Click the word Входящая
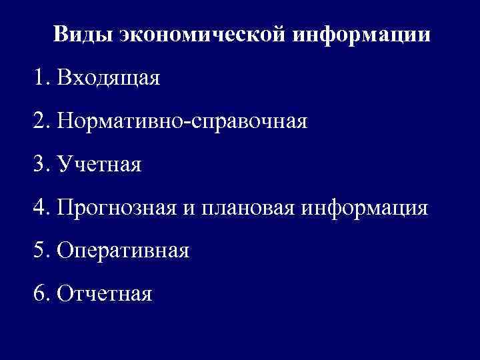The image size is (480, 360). click(109, 79)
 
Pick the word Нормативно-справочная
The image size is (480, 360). click(183, 121)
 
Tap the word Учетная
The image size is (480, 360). click(99, 164)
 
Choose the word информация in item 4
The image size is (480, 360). click(365, 208)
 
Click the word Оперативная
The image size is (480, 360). click(123, 251)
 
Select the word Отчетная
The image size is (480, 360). click(105, 293)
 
